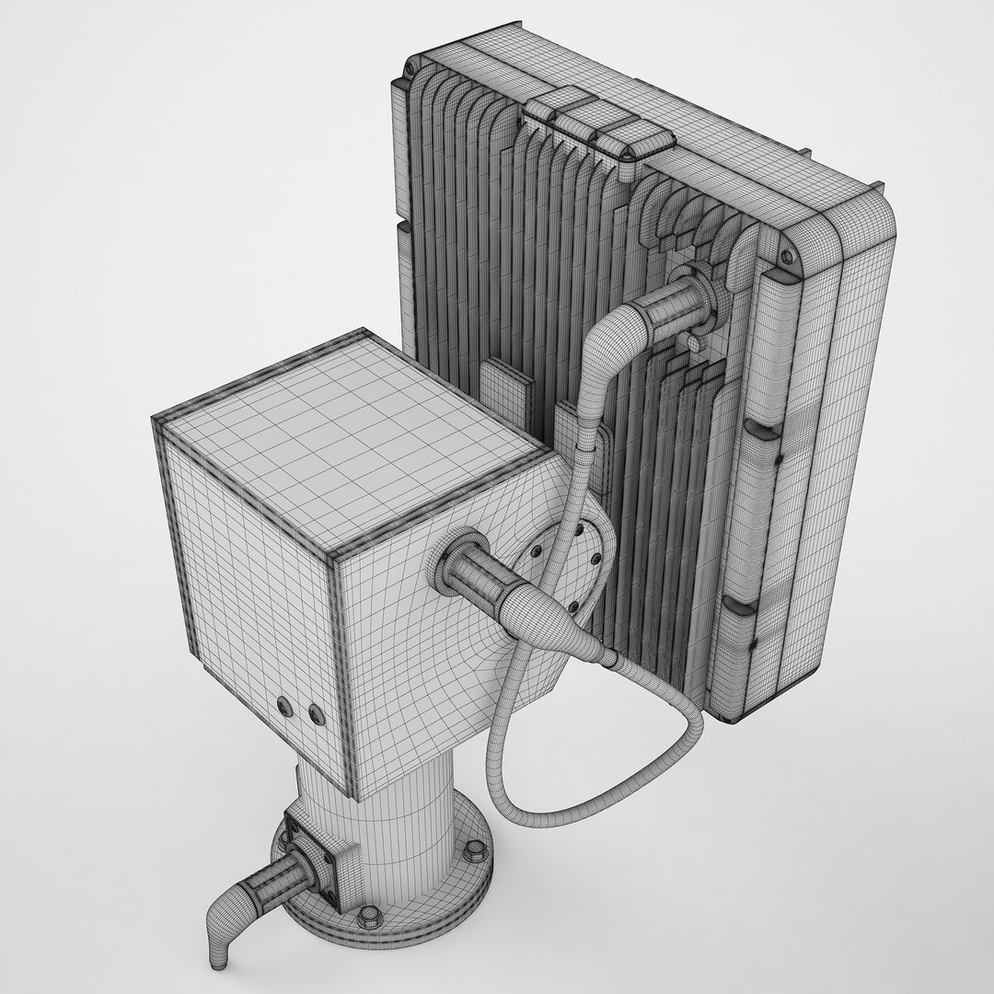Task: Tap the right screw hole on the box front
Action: point(317,712)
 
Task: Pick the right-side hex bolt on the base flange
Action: point(474,875)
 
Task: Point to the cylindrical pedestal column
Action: point(405,828)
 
